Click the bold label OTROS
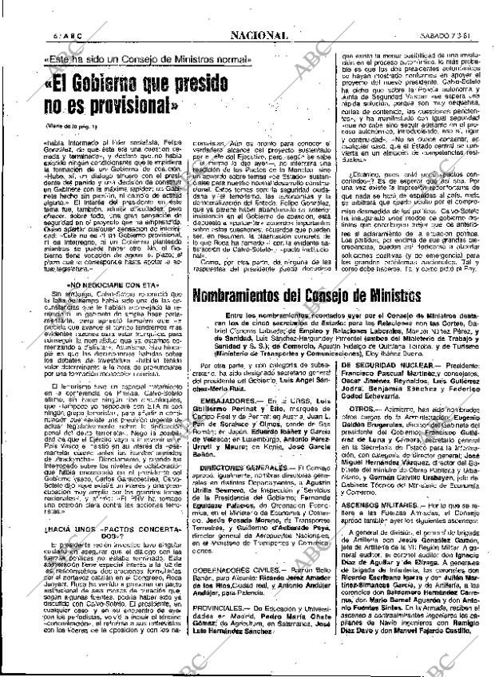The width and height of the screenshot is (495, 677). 360,429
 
